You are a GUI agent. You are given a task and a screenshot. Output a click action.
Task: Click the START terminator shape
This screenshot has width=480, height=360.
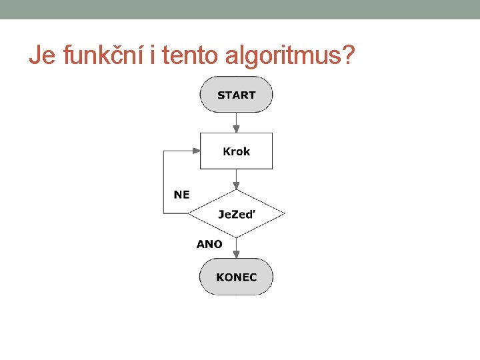pyautogui.click(x=236, y=95)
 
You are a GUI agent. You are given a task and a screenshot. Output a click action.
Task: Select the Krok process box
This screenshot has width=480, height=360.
pyautogui.click(x=236, y=151)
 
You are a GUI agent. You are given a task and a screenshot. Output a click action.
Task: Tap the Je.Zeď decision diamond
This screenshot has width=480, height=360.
pyautogui.click(x=236, y=214)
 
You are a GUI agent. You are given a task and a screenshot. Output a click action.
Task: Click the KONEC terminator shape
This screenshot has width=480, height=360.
pyautogui.click(x=236, y=277)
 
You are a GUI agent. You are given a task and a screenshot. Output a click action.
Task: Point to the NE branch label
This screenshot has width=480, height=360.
pyautogui.click(x=181, y=195)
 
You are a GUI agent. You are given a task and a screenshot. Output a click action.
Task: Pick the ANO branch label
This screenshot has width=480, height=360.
pyautogui.click(x=209, y=244)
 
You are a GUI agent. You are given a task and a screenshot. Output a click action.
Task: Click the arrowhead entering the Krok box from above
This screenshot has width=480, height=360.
pyautogui.click(x=236, y=128)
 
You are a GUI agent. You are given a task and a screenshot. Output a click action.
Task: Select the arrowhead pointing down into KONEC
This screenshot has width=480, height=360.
pyautogui.click(x=236, y=254)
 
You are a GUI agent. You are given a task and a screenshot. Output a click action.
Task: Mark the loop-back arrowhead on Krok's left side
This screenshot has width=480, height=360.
pyautogui.click(x=196, y=151)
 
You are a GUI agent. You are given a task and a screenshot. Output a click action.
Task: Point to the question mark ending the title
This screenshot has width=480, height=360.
pyautogui.click(x=347, y=57)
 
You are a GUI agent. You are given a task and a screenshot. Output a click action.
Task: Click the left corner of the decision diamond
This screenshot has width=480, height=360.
pyautogui.click(x=189, y=214)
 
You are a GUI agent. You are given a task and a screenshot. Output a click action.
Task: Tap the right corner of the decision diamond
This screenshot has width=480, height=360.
pyautogui.click(x=284, y=214)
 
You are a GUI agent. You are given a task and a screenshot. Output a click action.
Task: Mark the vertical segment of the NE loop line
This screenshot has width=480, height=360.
pyautogui.click(x=164, y=181)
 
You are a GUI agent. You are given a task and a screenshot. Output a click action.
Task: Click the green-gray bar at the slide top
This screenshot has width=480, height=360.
pyautogui.click(x=240, y=9)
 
